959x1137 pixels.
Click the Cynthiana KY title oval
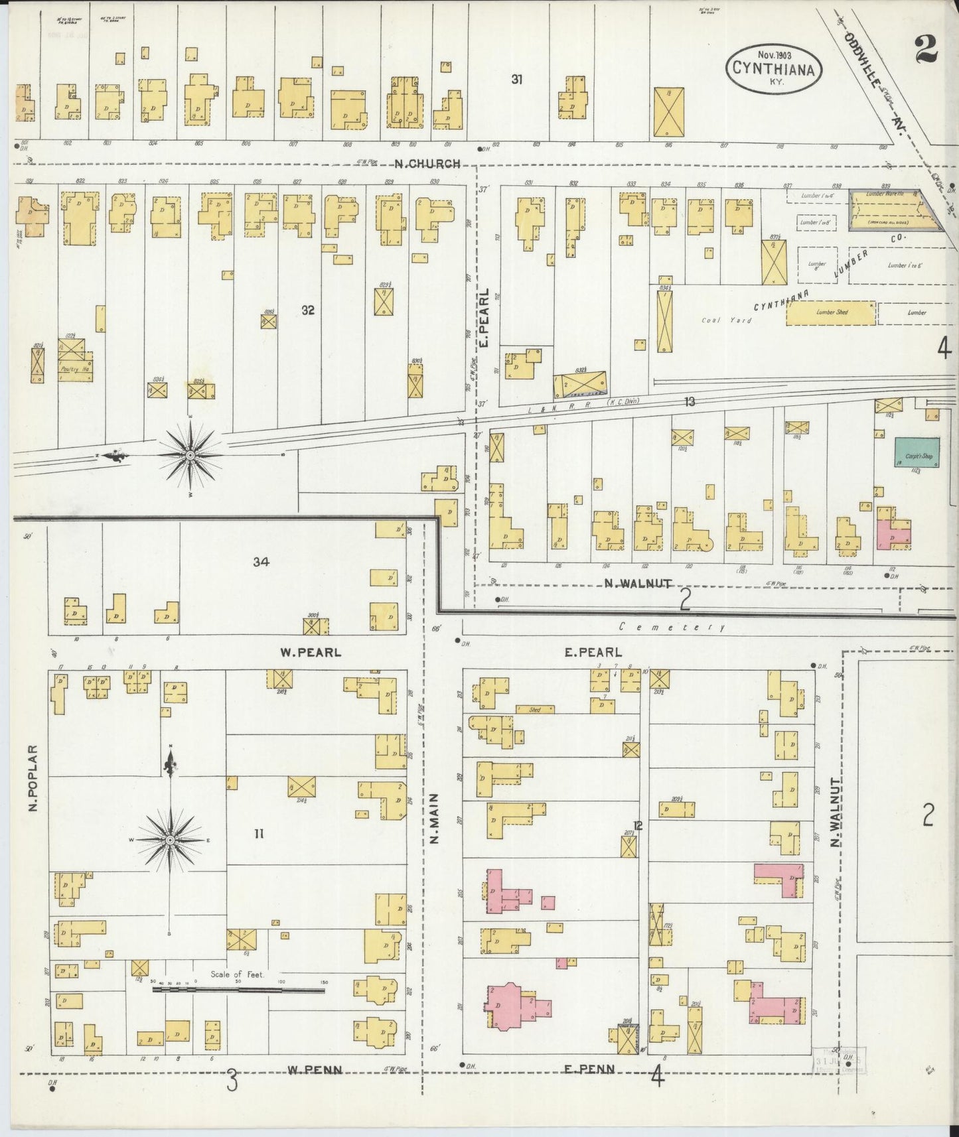coord(774,66)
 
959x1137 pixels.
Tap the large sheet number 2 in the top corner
coord(925,48)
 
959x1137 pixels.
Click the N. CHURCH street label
coord(427,164)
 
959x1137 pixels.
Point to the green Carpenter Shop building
coord(917,452)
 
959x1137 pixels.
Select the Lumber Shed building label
coord(831,312)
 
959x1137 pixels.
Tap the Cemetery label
coord(671,627)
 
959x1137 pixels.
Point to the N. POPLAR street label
coord(34,779)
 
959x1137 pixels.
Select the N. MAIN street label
coord(435,819)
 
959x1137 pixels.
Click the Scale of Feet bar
coord(238,990)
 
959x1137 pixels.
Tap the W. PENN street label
coord(315,1069)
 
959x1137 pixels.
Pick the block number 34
coord(261,562)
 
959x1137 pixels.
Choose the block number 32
coord(307,310)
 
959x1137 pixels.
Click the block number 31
coord(517,80)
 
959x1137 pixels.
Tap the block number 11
coord(258,834)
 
